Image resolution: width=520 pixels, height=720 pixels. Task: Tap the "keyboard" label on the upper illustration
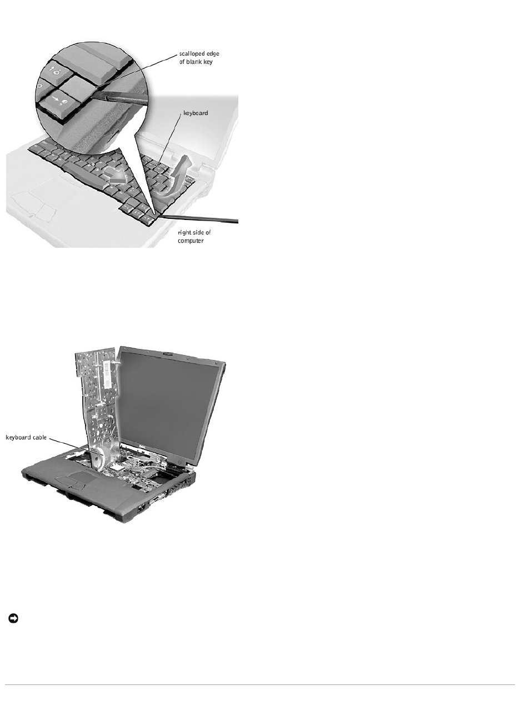pyautogui.click(x=196, y=113)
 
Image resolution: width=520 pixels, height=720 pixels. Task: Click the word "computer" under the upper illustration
pyautogui.click(x=191, y=241)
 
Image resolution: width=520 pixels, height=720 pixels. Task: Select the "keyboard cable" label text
pyautogui.click(x=26, y=437)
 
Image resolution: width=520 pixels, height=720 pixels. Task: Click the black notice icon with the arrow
pyautogui.click(x=13, y=618)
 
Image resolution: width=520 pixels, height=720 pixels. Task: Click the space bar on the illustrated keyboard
pyautogui.click(x=84, y=173)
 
